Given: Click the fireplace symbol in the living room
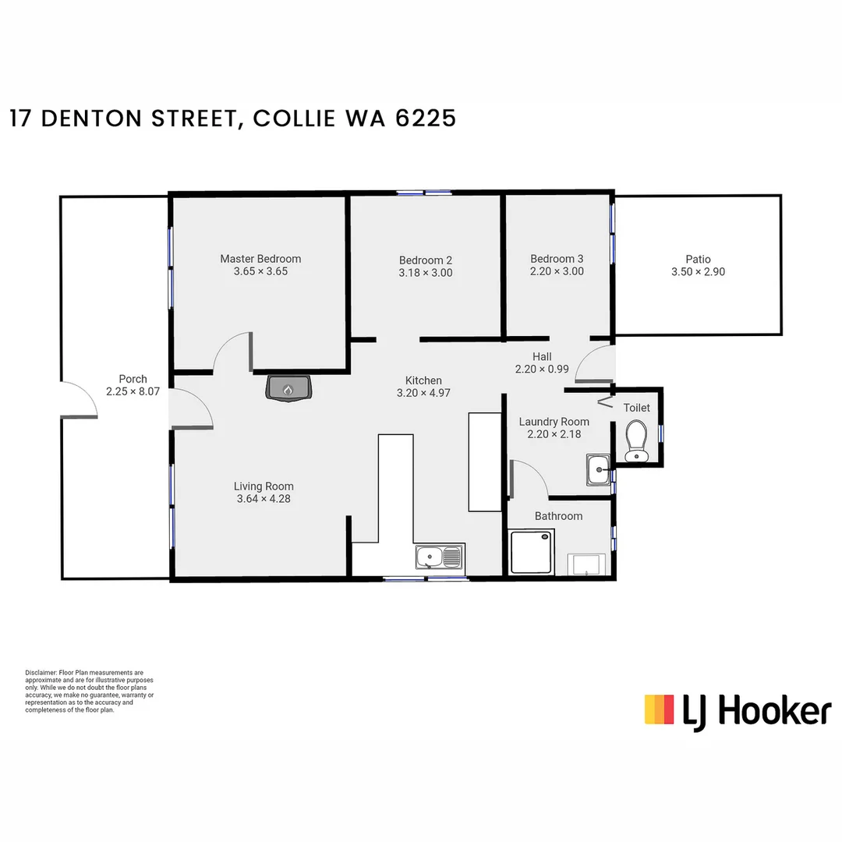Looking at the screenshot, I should point(288,387).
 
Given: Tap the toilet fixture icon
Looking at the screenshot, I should point(637,440).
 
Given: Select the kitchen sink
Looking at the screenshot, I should point(439,557).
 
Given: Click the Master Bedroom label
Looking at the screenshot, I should point(260,259).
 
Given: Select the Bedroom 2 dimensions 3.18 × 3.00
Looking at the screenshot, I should point(426,273).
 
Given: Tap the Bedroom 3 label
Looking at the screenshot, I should point(557,259).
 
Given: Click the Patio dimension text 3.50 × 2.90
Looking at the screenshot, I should point(698,272).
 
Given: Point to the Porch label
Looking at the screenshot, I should point(133,379).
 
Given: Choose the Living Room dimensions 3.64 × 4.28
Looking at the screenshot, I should point(264,499).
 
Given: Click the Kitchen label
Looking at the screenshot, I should point(423,380).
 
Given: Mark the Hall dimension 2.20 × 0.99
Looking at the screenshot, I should point(542,370).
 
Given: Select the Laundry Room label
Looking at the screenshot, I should point(554,422).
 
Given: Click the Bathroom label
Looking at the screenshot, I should point(558,516).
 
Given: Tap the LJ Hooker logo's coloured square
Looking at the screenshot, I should point(659,709).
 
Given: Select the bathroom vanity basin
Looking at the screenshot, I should point(587,564).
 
